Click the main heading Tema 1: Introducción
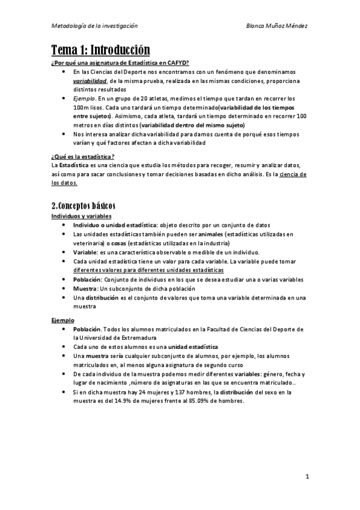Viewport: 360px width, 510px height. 100,50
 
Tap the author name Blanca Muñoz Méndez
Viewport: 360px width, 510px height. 278,26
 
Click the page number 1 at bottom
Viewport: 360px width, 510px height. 307,477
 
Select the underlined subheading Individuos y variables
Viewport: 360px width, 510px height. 81,215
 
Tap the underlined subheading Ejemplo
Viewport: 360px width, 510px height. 62,321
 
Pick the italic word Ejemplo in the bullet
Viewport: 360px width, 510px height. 84,97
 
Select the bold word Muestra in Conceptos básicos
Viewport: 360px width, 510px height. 86,289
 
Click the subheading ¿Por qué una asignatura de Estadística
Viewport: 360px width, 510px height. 120,63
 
